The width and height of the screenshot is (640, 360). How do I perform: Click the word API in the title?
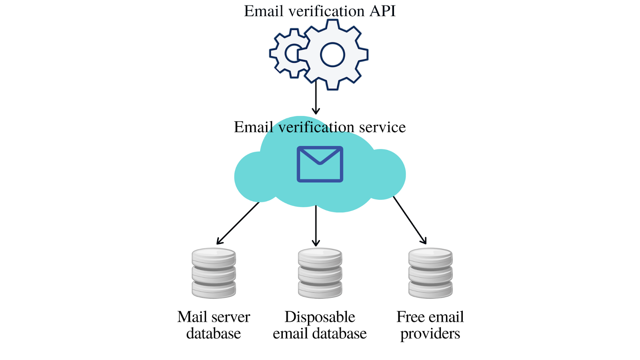[x=382, y=11]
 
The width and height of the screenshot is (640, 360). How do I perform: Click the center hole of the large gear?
[x=333, y=54]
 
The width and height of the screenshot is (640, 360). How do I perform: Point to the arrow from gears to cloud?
[x=316, y=98]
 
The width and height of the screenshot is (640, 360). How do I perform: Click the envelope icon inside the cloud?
[x=320, y=164]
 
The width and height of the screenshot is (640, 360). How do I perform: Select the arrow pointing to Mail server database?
[x=238, y=223]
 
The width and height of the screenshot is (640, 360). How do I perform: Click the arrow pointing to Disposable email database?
[x=316, y=226]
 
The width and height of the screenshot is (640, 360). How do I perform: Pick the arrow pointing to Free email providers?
[x=410, y=220]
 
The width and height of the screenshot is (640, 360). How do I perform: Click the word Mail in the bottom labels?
[x=192, y=317]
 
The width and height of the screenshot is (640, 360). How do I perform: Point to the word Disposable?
[x=320, y=317]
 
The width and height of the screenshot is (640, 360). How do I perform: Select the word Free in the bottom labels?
[x=410, y=317]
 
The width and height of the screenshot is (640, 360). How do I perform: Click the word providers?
[x=430, y=334]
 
